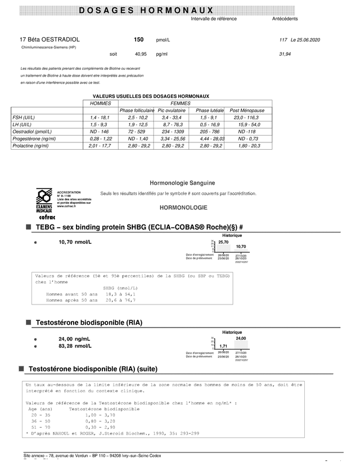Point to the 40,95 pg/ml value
tap(140, 54)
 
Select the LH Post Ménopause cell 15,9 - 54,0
tap(249, 124)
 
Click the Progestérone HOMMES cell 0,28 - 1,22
tap(101, 138)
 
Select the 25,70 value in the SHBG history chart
tap(223, 242)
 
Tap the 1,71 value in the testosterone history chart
tap(223, 346)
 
